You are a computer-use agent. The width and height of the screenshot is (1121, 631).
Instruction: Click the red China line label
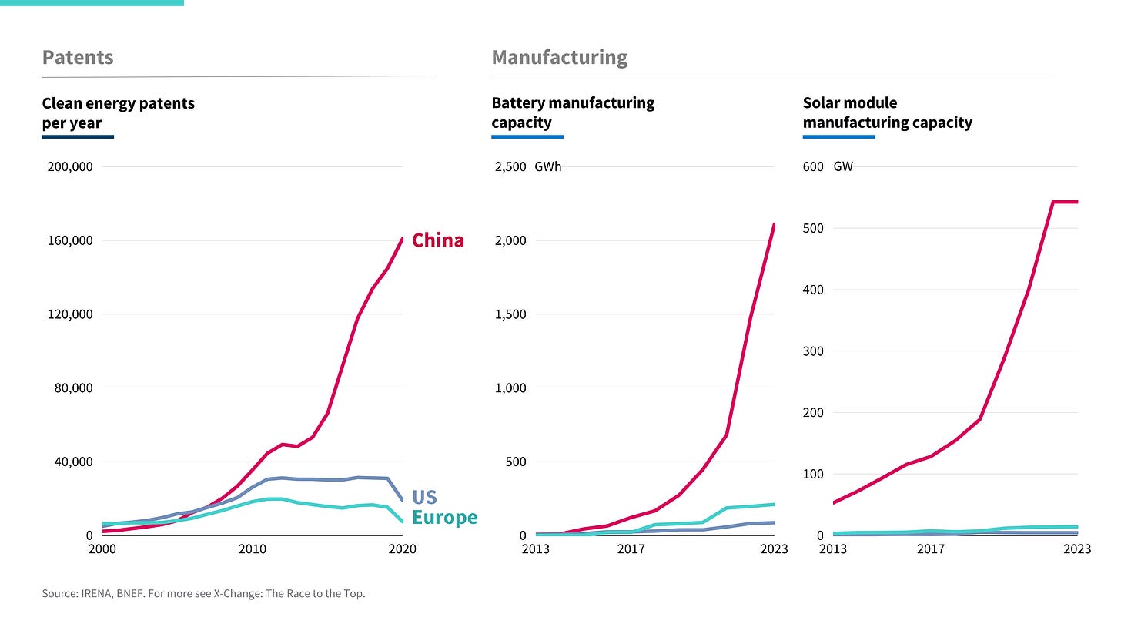(437, 240)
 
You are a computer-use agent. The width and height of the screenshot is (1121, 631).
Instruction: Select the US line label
(424, 497)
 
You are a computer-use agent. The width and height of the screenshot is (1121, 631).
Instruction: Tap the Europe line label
(444, 517)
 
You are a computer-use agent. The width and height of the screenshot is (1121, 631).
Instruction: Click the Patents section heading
(78, 58)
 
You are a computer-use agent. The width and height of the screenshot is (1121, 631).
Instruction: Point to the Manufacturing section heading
(559, 58)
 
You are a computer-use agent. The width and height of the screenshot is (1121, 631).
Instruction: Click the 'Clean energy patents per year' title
(118, 113)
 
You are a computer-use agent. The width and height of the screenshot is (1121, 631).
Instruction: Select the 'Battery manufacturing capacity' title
(573, 112)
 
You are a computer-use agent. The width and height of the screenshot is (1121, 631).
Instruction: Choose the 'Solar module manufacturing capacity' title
(887, 112)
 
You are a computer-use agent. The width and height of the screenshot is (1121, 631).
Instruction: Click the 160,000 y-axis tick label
(70, 240)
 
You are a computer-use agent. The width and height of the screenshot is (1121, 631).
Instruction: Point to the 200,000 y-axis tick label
(70, 166)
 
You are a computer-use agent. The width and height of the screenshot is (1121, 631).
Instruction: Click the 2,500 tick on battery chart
(510, 166)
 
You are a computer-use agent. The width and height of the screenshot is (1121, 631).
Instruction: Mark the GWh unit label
(548, 166)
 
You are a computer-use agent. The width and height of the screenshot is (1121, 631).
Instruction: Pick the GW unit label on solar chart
(843, 166)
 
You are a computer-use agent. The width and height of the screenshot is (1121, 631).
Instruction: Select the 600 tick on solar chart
(813, 166)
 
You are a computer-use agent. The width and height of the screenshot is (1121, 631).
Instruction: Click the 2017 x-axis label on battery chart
(631, 549)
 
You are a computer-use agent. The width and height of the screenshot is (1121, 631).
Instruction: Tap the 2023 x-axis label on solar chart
(1076, 549)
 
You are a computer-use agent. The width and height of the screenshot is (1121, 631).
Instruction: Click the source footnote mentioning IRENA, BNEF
(203, 593)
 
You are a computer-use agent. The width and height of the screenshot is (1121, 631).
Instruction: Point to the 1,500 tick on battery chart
(510, 314)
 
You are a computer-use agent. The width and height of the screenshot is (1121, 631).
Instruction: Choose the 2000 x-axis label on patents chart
(102, 549)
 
